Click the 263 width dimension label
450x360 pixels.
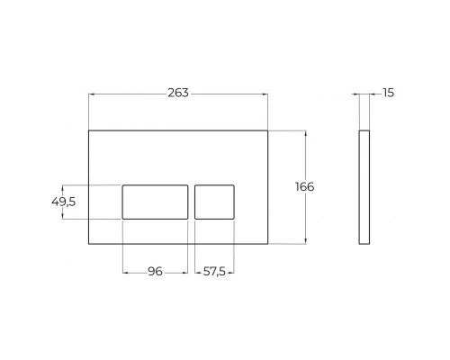pyautogui.click(x=178, y=93)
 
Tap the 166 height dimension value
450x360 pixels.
pyautogui.click(x=305, y=186)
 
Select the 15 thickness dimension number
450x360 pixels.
pyautogui.click(x=388, y=93)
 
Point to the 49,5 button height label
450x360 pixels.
pyautogui.click(x=64, y=202)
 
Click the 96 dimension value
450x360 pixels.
pyautogui.click(x=155, y=272)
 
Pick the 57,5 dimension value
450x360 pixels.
pyautogui.click(x=214, y=272)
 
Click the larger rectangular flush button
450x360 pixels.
pyautogui.click(x=155, y=202)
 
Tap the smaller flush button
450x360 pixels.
pyautogui.click(x=214, y=202)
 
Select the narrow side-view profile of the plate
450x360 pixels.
pyautogui.click(x=364, y=187)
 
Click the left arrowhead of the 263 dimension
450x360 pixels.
pyautogui.click(x=92, y=94)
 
